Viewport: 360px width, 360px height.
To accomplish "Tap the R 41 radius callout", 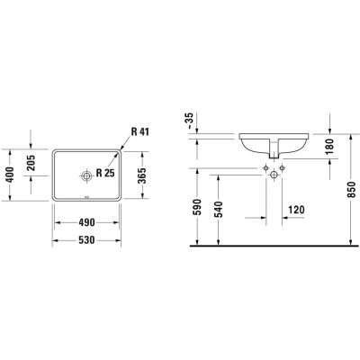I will pyautogui.click(x=139, y=133).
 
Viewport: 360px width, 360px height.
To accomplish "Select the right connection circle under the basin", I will pyautogui.click(x=282, y=169).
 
